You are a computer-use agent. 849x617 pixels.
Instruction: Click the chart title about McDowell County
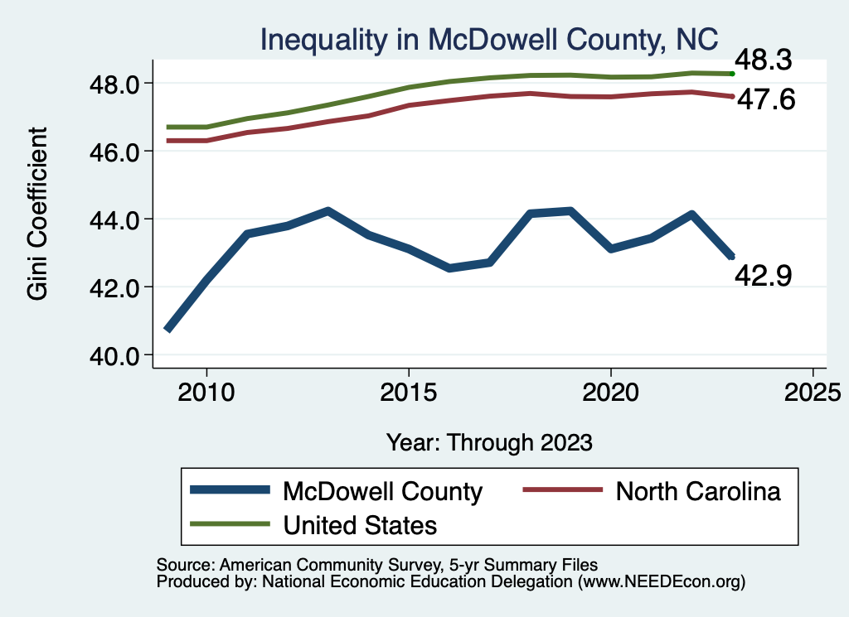pos(488,41)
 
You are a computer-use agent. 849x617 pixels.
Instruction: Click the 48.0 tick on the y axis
pos(118,84)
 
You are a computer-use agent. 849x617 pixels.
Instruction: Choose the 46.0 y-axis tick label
pos(118,152)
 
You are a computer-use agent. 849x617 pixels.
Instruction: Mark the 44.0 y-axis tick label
pos(118,219)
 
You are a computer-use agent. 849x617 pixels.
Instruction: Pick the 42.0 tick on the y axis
pos(118,287)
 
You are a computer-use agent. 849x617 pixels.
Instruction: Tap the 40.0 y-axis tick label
pos(118,355)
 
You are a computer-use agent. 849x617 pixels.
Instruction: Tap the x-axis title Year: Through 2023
pos(489,442)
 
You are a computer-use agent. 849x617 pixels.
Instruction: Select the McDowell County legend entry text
pos(382,491)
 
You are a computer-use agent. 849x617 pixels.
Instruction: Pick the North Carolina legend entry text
pos(697,491)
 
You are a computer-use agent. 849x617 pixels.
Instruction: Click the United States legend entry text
pos(360,524)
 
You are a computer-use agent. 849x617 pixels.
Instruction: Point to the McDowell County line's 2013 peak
pos(327,211)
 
